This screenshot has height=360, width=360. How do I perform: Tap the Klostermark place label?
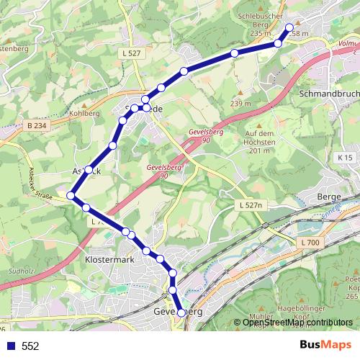click(109, 258)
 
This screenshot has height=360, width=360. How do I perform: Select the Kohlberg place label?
click(84, 113)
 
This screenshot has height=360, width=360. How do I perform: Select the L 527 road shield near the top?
click(131, 53)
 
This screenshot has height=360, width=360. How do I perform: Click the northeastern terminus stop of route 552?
click(290, 28)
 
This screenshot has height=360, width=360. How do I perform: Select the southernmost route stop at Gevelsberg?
click(181, 313)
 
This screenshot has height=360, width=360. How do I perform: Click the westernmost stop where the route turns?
click(71, 196)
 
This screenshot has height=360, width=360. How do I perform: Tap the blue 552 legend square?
click(9, 346)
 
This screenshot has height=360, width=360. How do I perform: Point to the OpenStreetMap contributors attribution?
click(297, 323)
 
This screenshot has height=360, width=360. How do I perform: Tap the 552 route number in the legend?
click(30, 346)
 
